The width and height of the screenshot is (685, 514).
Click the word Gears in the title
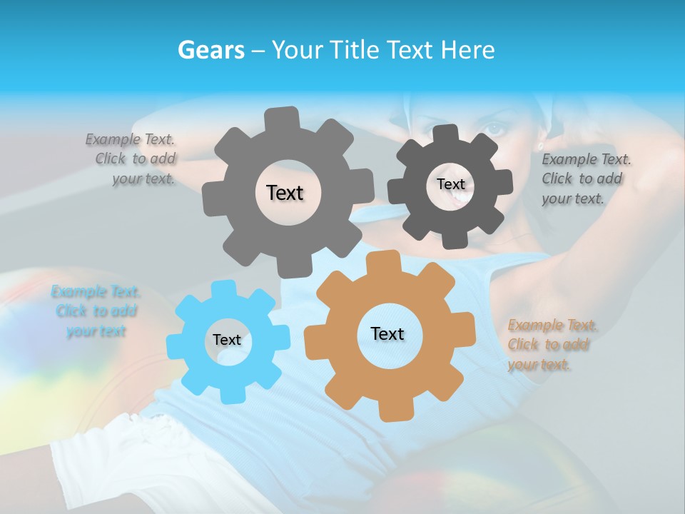click(x=210, y=50)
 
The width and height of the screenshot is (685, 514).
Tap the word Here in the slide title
click(x=467, y=50)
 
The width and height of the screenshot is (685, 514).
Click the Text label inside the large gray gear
click(x=285, y=193)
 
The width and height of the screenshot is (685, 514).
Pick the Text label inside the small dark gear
click(x=450, y=184)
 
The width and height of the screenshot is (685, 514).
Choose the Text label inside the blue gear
click(x=227, y=340)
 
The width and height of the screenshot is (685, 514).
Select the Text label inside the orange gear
click(x=387, y=333)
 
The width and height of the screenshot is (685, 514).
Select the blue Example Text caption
click(x=96, y=311)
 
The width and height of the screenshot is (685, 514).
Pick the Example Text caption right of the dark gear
click(x=585, y=178)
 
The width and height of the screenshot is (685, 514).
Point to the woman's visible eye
click(x=494, y=129)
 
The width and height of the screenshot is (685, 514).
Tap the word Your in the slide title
click(x=296, y=50)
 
